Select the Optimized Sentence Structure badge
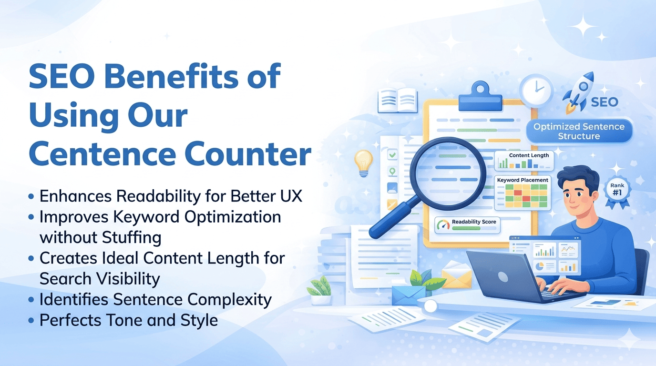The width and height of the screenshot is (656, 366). pyautogui.click(x=579, y=131)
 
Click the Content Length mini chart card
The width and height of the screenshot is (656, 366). pyautogui.click(x=523, y=161)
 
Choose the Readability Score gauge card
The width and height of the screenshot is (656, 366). pyautogui.click(x=467, y=224)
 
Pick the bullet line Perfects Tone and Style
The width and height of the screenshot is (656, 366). pyautogui.click(x=128, y=320)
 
